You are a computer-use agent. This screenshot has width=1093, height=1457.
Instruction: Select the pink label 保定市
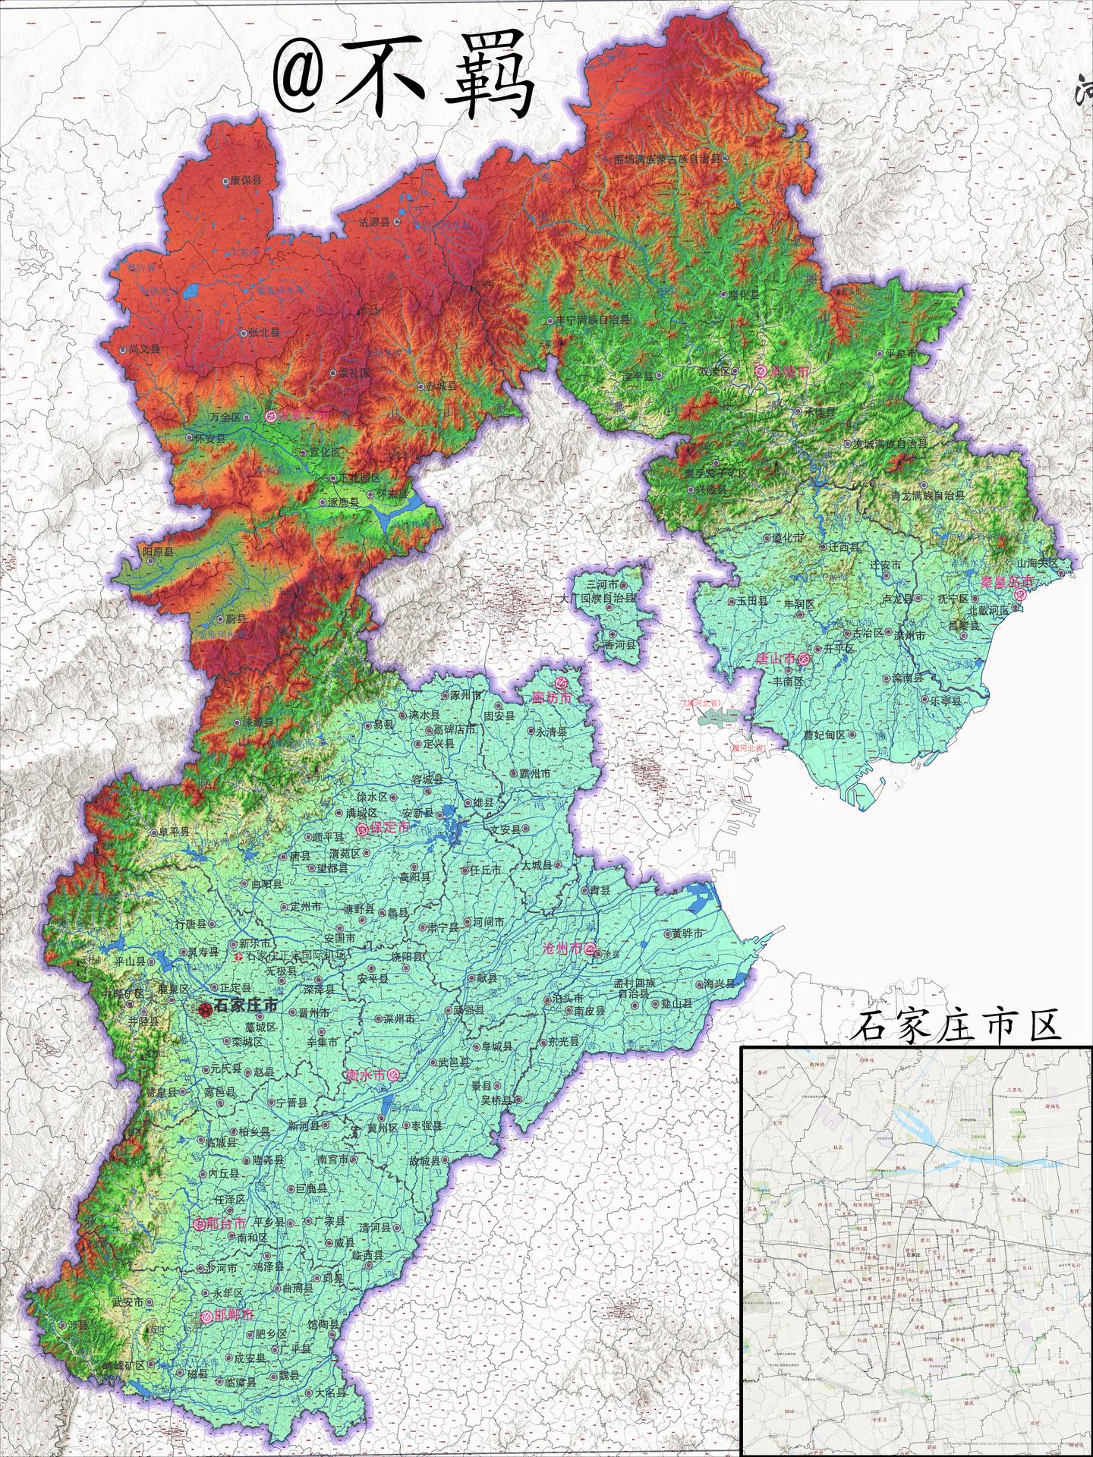[388, 828]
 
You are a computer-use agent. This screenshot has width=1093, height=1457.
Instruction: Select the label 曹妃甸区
[824, 735]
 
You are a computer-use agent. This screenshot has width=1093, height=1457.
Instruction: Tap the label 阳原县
[158, 552]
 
